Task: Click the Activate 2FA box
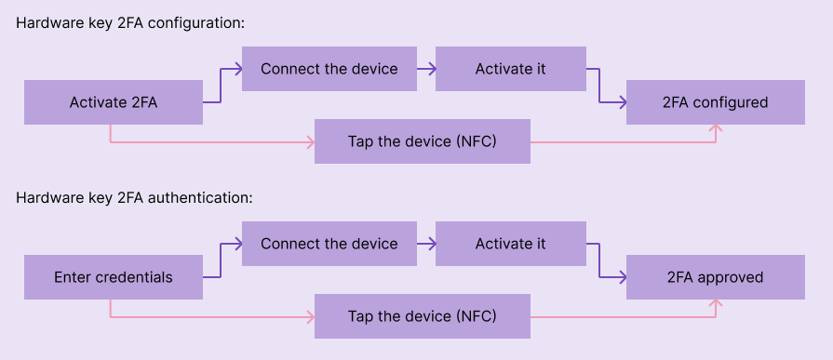point(113,102)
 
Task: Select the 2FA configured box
point(715,102)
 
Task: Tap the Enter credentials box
point(113,277)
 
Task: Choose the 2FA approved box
point(715,277)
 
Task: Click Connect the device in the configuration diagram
point(329,69)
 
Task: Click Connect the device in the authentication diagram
point(329,244)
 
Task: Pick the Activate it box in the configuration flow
point(510,69)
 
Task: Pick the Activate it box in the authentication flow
point(510,244)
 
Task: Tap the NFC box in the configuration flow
point(422,141)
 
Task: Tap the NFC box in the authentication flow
point(422,316)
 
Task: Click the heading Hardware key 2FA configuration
point(130,23)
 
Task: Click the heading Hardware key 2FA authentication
point(135,198)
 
